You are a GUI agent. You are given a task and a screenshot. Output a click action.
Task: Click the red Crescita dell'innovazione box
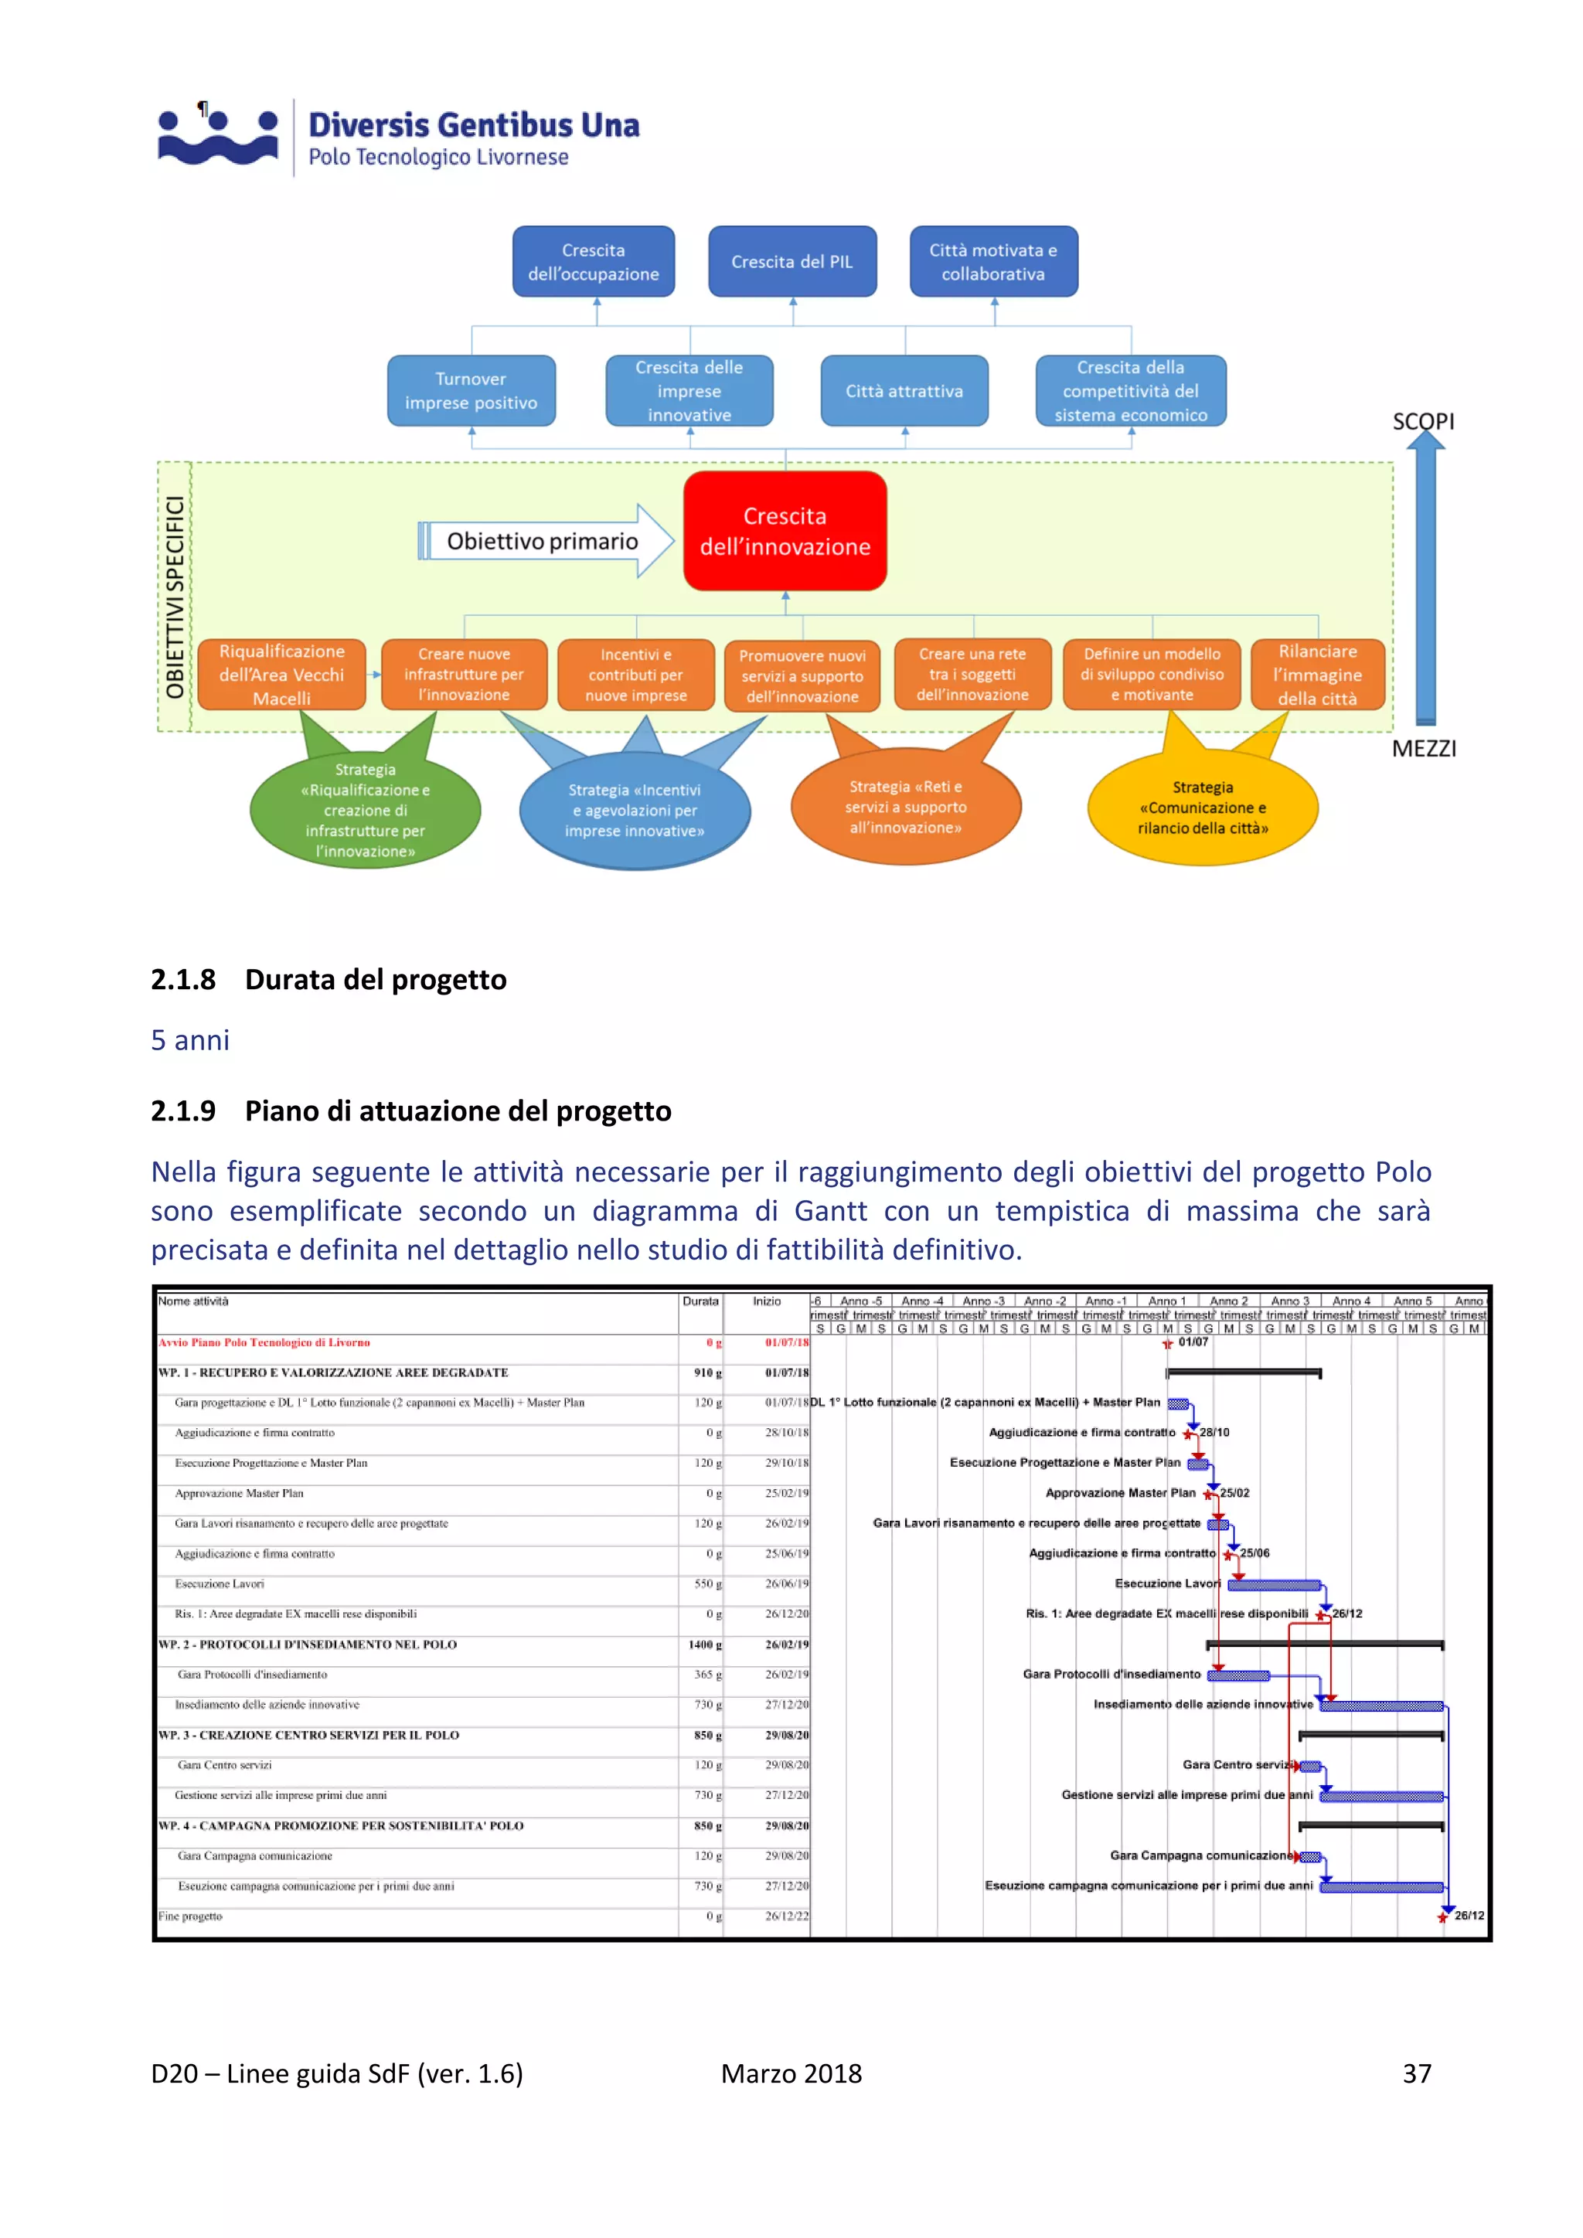pos(785,531)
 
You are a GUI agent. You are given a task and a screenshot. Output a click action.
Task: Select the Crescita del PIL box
pos(791,261)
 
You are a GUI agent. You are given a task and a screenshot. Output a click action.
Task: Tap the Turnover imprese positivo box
pos(471,391)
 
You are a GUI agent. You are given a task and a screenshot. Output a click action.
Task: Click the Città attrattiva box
pos(904,391)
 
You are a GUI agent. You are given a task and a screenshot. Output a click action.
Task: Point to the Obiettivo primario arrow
pos(544,541)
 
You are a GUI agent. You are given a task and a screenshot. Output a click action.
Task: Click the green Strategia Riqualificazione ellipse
pos(365,810)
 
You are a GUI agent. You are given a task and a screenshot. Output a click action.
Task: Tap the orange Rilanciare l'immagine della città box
pos(1317,675)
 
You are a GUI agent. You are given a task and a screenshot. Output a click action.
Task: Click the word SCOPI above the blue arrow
pos(1423,421)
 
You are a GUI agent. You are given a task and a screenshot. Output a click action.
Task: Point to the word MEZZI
pos(1423,749)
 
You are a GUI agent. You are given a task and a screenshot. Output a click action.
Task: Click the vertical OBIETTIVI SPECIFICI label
pos(175,597)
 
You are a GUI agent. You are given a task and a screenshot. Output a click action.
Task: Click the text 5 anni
pos(190,1040)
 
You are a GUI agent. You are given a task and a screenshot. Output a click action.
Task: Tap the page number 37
pos(1416,2073)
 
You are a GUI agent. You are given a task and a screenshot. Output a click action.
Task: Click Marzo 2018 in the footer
pos(791,2073)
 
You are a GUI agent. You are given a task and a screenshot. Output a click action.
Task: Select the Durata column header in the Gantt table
pos(700,1301)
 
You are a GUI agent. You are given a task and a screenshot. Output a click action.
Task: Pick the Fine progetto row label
pos(190,1917)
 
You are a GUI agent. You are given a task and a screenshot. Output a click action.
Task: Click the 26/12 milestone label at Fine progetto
pos(1469,1916)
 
